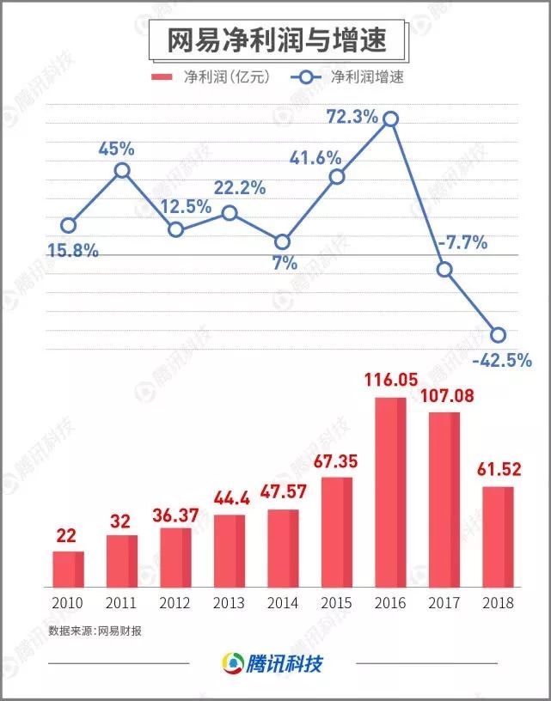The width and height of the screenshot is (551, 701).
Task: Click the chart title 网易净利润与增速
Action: pos(275,40)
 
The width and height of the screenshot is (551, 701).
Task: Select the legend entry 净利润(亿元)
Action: pos(210,77)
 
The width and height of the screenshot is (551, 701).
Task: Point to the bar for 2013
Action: pos(229,551)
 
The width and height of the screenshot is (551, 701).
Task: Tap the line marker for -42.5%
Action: pos(498,335)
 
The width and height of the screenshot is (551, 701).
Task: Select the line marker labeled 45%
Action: pos(122,171)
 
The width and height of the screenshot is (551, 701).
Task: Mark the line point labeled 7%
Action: pos(283,242)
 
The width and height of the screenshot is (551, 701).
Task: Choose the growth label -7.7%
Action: pos(462,243)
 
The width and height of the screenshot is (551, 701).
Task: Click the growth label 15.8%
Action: pos(73,252)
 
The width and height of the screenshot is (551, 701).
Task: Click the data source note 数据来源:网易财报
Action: pos(95,631)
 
